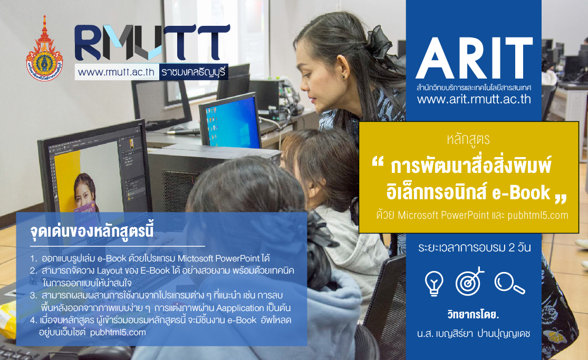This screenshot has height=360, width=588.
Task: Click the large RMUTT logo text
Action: [152, 42]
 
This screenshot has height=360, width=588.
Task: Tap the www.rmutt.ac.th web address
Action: [116, 72]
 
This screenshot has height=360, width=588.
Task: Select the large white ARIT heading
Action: [474, 58]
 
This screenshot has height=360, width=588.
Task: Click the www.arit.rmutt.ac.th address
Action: [474, 99]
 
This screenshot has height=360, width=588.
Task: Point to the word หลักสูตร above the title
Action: [468, 139]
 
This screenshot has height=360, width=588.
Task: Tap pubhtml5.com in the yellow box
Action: [538, 215]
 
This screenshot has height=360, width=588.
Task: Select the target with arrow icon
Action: [469, 281]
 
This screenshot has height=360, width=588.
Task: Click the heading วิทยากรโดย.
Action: [473, 314]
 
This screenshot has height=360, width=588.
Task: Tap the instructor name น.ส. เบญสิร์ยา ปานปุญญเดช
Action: [474, 333]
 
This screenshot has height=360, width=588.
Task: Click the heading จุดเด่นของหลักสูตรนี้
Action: [92, 231]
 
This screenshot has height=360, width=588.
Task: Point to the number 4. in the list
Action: [34, 320]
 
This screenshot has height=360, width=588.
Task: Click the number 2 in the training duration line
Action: [512, 248]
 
